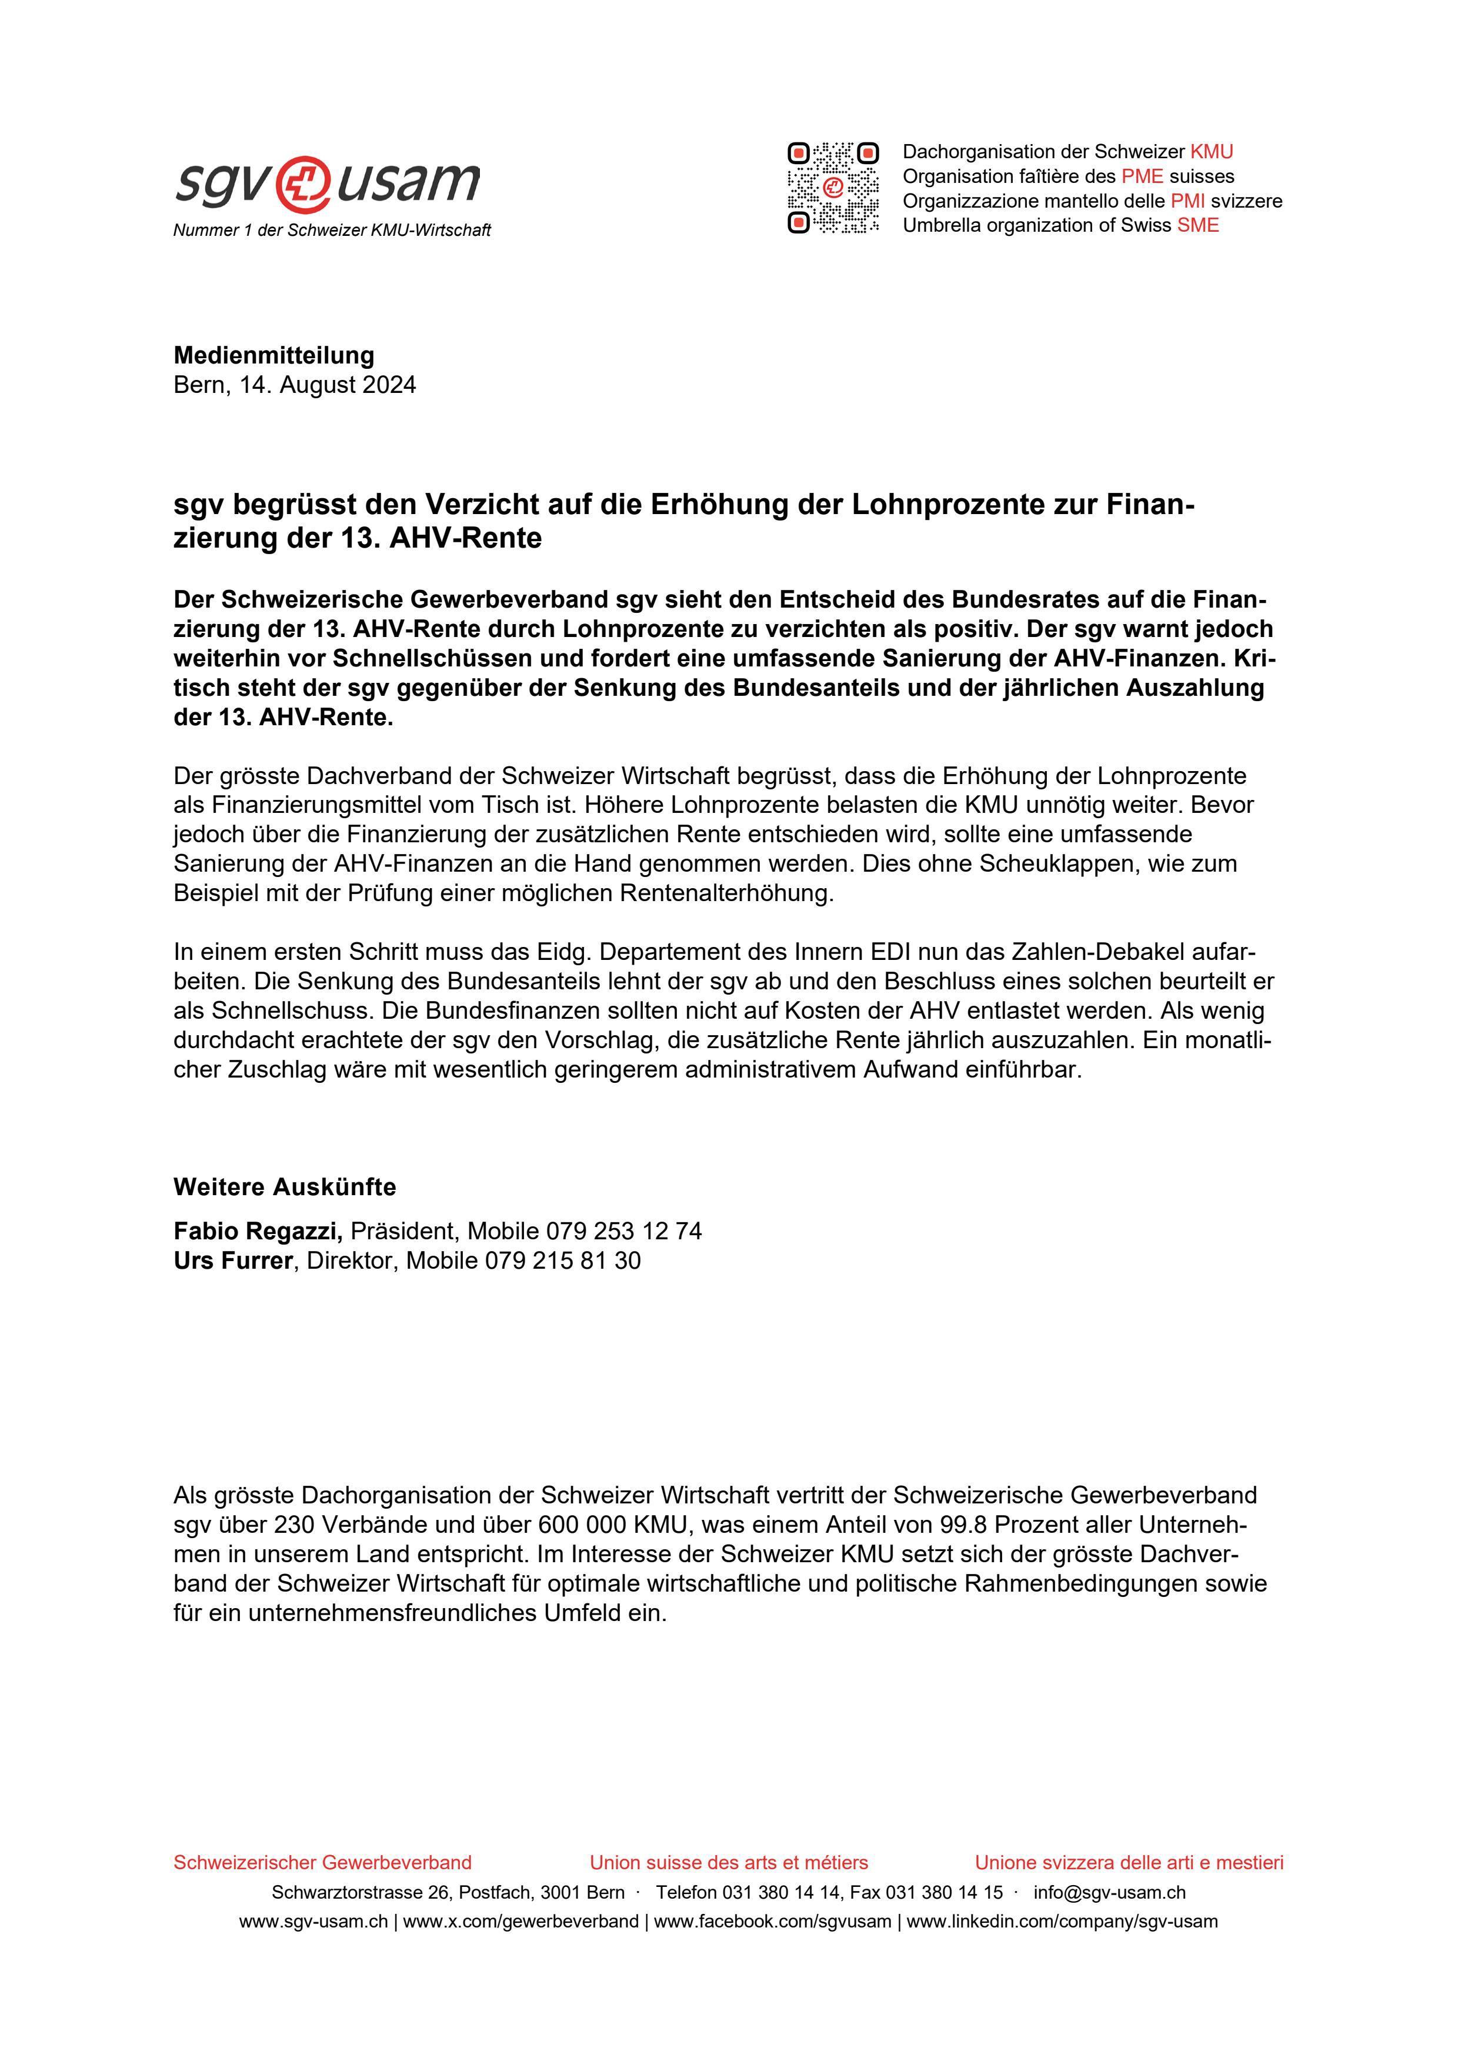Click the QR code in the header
tap(833, 188)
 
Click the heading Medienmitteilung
tap(274, 355)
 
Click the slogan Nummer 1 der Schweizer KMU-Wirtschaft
tap(332, 231)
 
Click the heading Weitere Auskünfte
tap(285, 1187)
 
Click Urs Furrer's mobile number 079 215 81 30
tap(563, 1260)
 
